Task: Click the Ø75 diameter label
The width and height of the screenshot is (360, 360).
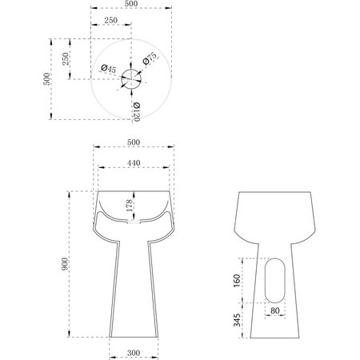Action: (x=150, y=58)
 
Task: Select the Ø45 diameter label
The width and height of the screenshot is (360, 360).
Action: (x=108, y=69)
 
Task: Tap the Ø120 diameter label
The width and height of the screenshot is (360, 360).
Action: (x=136, y=112)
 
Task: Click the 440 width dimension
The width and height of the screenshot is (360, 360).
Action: (x=134, y=163)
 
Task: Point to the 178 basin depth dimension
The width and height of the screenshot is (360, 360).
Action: (x=130, y=206)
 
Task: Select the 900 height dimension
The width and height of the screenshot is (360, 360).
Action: (x=65, y=264)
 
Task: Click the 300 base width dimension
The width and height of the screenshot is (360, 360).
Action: (x=134, y=353)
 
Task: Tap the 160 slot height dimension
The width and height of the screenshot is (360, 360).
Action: (x=237, y=281)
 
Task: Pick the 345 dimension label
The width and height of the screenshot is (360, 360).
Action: (x=237, y=320)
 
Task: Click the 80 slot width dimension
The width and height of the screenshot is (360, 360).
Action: (x=275, y=310)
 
